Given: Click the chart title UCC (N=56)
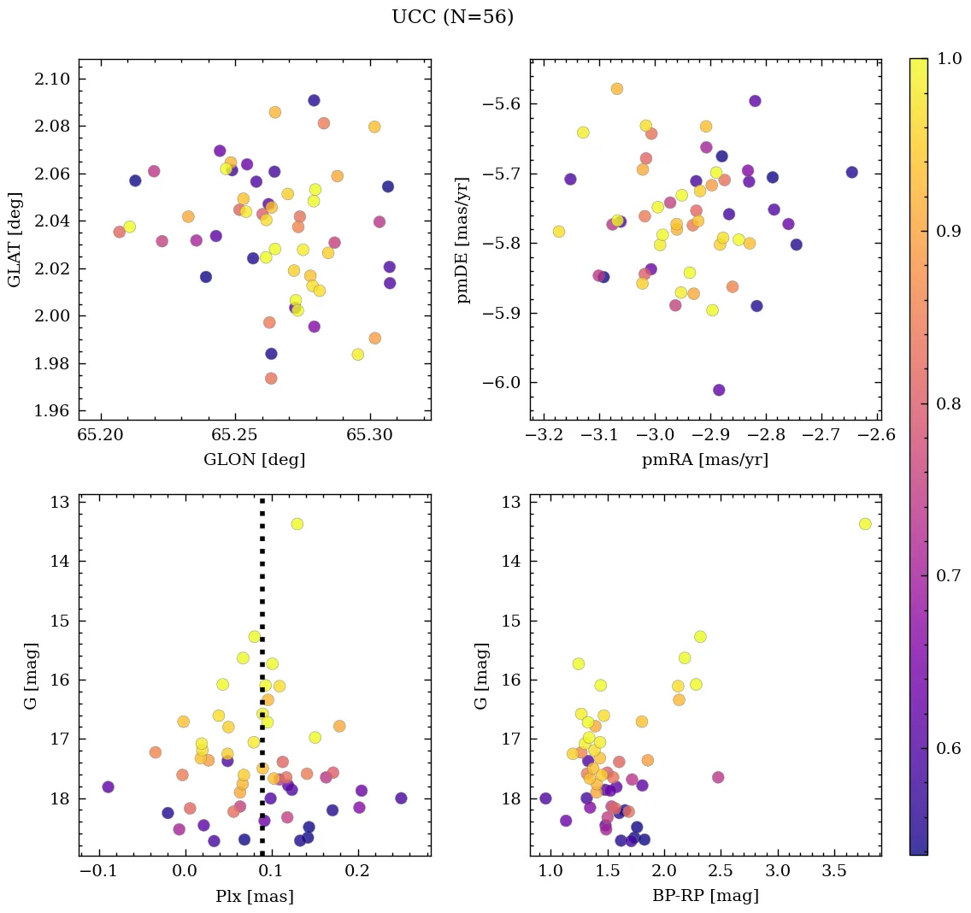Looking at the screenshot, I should pyautogui.click(x=452, y=17).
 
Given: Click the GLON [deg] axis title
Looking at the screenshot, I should pyautogui.click(x=254, y=460).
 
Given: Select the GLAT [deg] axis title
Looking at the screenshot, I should pyautogui.click(x=15, y=239).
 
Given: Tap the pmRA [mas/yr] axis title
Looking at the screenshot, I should pyautogui.click(x=705, y=460).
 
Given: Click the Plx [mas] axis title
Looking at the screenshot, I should pyautogui.click(x=254, y=896).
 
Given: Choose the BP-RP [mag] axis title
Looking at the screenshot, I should pyautogui.click(x=705, y=896).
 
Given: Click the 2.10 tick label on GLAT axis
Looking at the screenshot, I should pyautogui.click(x=52, y=80).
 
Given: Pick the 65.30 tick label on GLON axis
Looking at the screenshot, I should pyautogui.click(x=370, y=436).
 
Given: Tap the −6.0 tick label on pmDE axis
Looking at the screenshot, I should pyautogui.click(x=497, y=383).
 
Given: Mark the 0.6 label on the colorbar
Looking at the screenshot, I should pyautogui.click(x=949, y=748).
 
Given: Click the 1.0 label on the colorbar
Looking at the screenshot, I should pyautogui.click(x=949, y=60).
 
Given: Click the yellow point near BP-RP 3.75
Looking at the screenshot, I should pyautogui.click(x=865, y=524).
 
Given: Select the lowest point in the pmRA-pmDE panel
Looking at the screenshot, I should pyautogui.click(x=719, y=390).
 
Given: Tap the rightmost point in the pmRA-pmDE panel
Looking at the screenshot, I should pyautogui.click(x=851, y=172).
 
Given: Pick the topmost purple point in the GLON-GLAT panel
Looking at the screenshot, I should pyautogui.click(x=314, y=100).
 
